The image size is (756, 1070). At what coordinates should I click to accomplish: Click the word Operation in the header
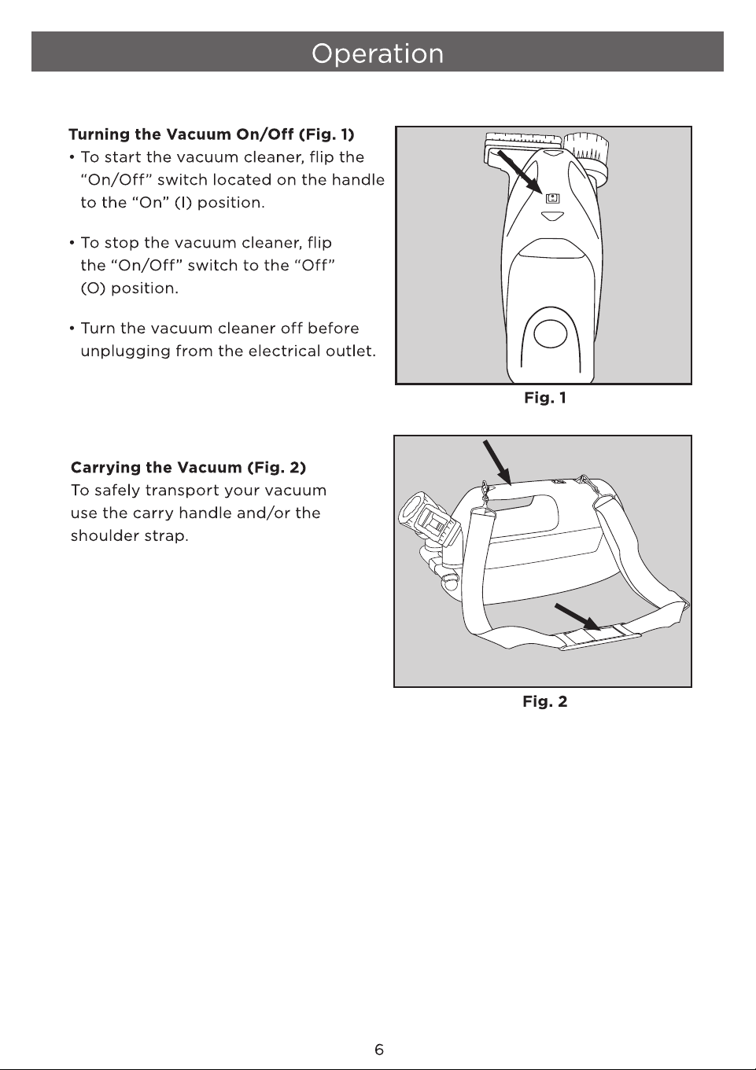pyautogui.click(x=378, y=53)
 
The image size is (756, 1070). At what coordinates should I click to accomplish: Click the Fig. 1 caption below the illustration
pyautogui.click(x=545, y=398)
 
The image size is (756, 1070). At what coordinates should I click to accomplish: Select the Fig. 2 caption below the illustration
pyautogui.click(x=545, y=701)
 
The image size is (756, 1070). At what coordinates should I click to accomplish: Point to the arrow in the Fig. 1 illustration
pyautogui.click(x=520, y=172)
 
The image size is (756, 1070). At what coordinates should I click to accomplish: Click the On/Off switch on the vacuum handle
pyautogui.click(x=553, y=198)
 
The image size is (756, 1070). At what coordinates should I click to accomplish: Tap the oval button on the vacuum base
pyautogui.click(x=550, y=333)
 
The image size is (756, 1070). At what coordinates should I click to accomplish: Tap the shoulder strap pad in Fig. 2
pyautogui.click(x=599, y=638)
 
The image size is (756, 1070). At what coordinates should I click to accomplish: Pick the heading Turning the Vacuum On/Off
pyautogui.click(x=211, y=134)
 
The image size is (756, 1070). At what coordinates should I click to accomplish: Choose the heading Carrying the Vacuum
pyautogui.click(x=188, y=467)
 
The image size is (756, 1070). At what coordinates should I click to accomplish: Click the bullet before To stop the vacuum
pyautogui.click(x=72, y=243)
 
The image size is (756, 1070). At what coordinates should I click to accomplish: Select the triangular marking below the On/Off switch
pyautogui.click(x=552, y=216)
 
